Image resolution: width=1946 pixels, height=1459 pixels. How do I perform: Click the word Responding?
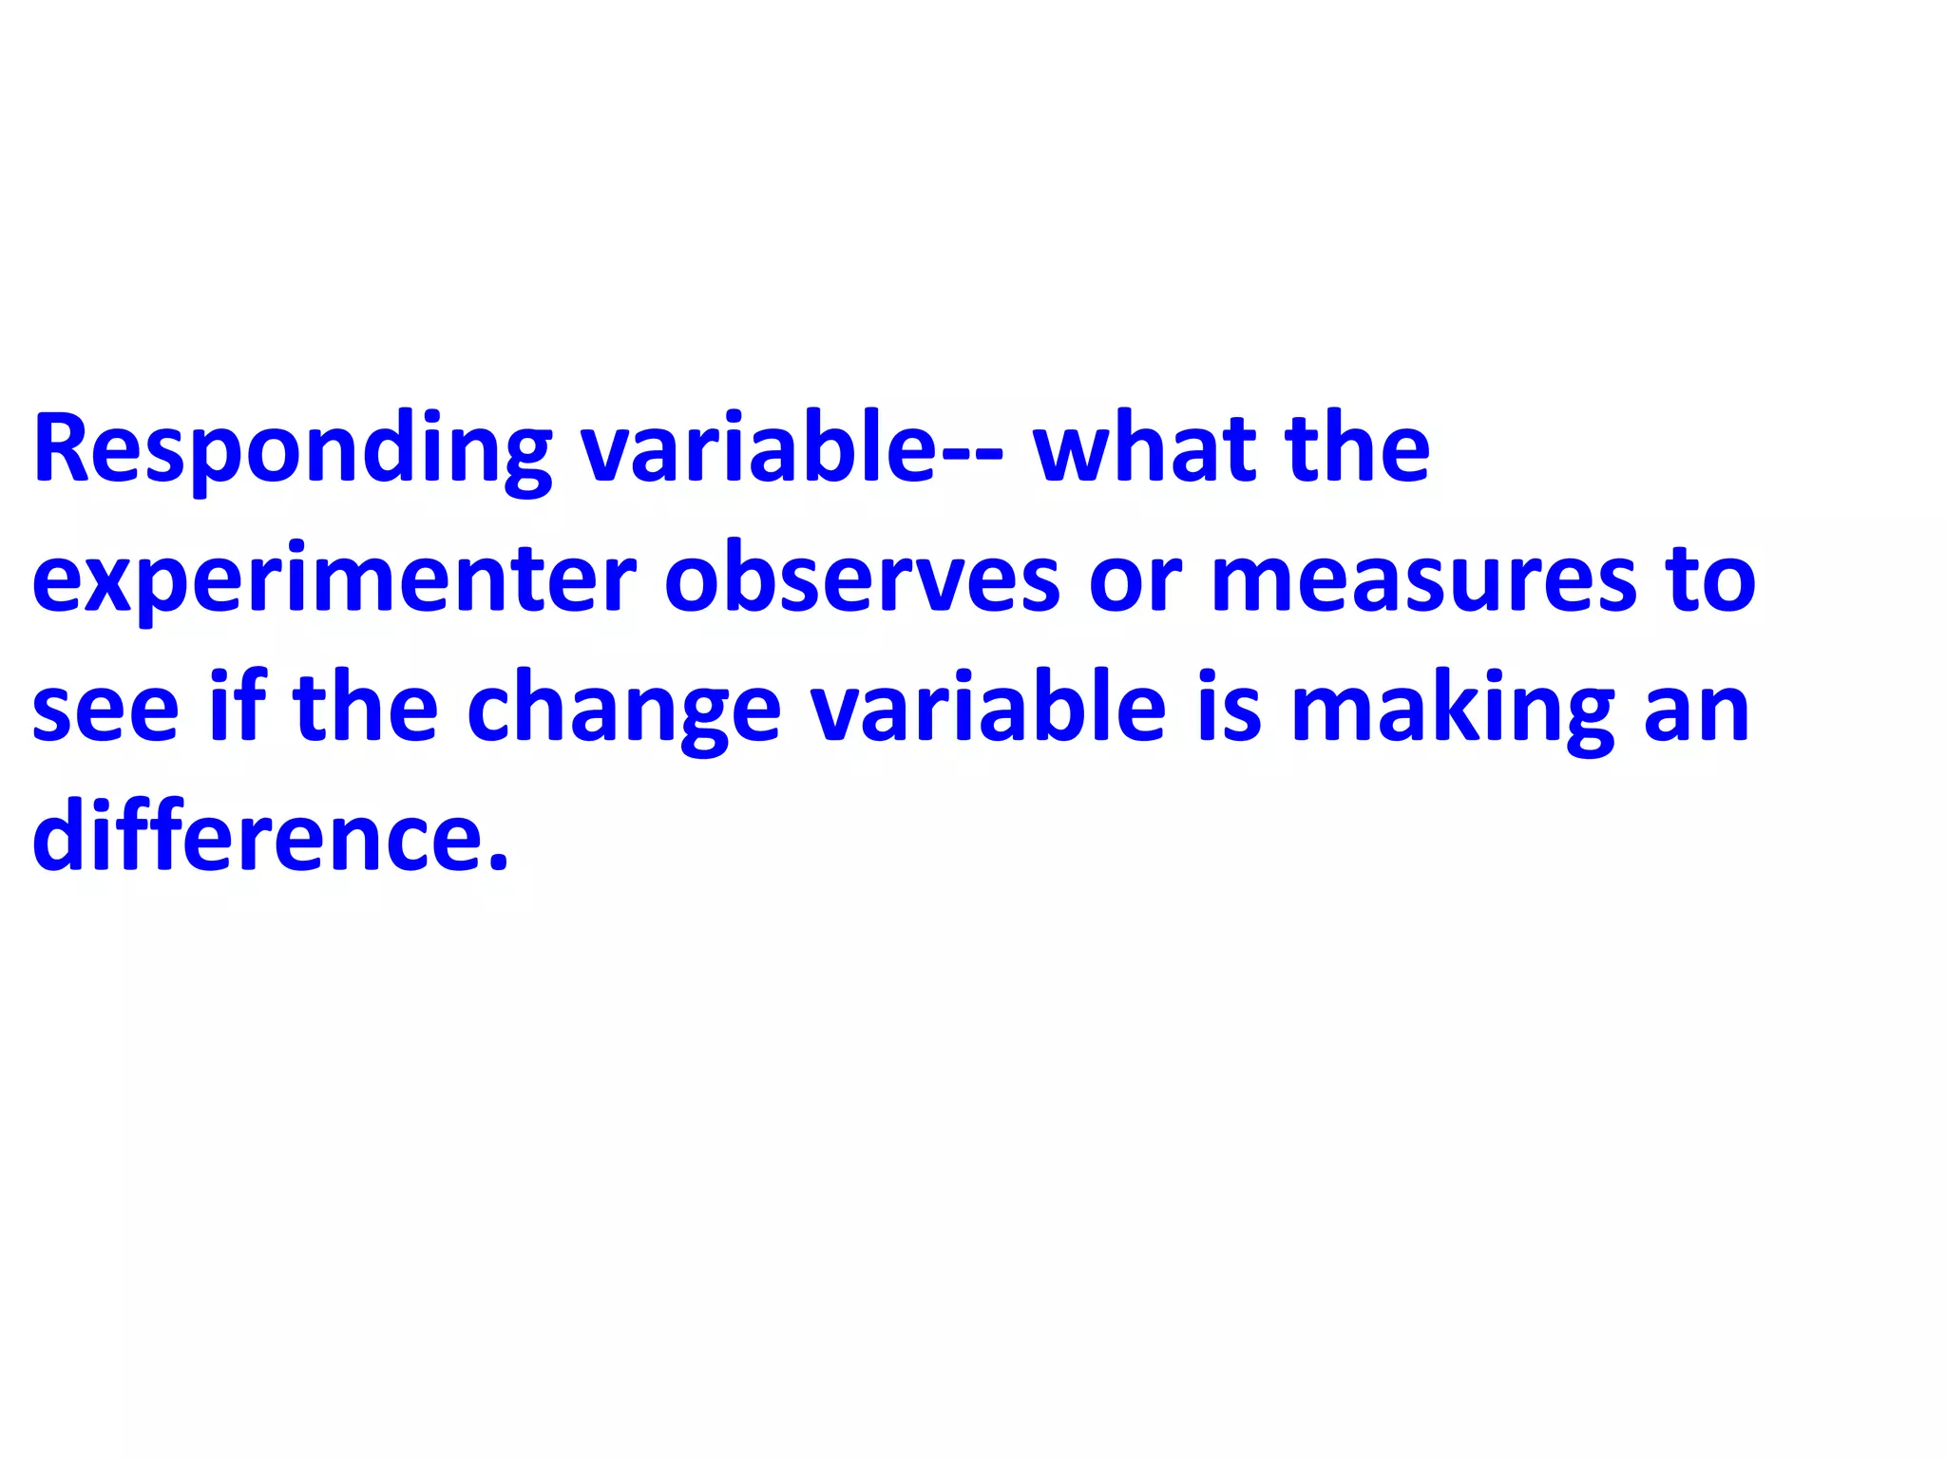(x=292, y=448)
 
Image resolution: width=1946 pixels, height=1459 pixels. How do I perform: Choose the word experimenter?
(x=334, y=579)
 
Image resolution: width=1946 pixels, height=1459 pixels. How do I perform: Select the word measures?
(x=1423, y=579)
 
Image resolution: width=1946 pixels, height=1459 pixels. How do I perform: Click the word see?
(x=105, y=711)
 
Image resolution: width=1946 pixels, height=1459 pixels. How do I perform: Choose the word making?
(x=1452, y=711)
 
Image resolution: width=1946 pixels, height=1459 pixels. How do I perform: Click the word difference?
(x=258, y=836)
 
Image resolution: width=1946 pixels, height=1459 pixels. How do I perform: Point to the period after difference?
(x=499, y=861)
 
